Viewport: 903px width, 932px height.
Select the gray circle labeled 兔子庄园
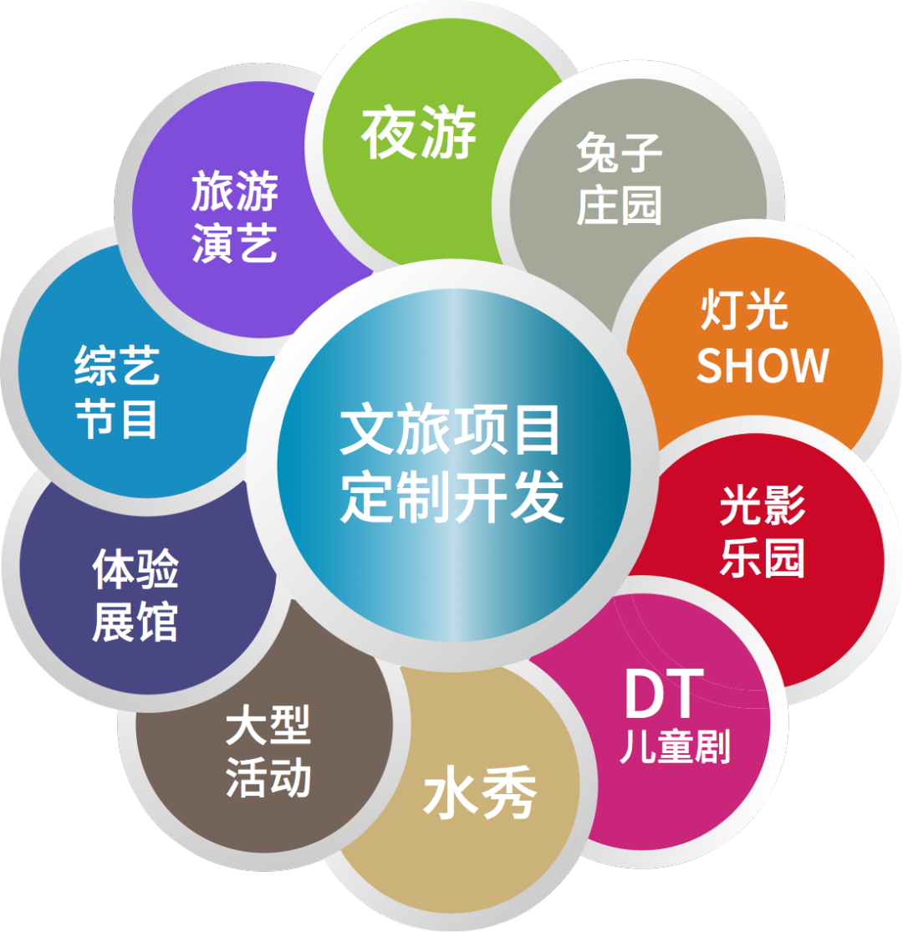(x=620, y=180)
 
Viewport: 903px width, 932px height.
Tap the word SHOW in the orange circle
(x=762, y=365)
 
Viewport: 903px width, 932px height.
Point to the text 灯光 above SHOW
(x=744, y=311)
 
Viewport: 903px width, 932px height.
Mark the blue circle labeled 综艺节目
(x=117, y=393)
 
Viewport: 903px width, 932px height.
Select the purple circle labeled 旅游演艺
(x=234, y=217)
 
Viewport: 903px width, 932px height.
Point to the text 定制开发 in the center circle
(x=451, y=498)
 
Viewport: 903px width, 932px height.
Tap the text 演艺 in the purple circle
(x=234, y=244)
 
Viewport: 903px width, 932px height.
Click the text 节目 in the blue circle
(x=117, y=419)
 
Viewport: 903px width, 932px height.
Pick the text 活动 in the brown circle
(x=268, y=777)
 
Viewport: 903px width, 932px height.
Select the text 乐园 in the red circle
(x=762, y=558)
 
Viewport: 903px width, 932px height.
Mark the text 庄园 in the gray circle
(x=620, y=206)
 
